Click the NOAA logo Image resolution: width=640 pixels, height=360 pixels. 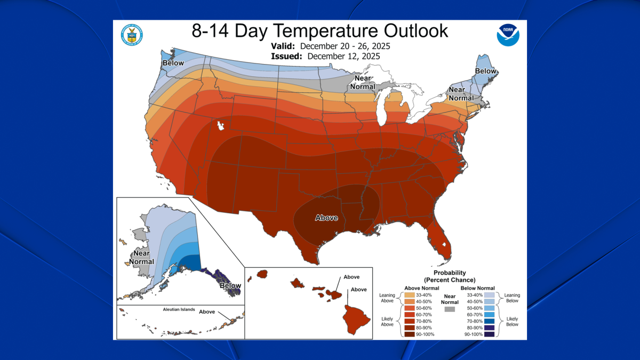[507, 35]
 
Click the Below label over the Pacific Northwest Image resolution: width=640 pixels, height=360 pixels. [173, 63]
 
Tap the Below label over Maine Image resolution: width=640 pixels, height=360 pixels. [485, 71]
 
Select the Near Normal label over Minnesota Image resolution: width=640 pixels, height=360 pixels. [362, 82]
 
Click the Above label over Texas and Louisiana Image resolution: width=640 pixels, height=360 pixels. [326, 218]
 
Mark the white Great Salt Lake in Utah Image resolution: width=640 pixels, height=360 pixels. [220, 127]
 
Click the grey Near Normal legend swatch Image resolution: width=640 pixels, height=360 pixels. [450, 309]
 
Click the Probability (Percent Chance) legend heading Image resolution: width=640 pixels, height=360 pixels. [450, 276]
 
